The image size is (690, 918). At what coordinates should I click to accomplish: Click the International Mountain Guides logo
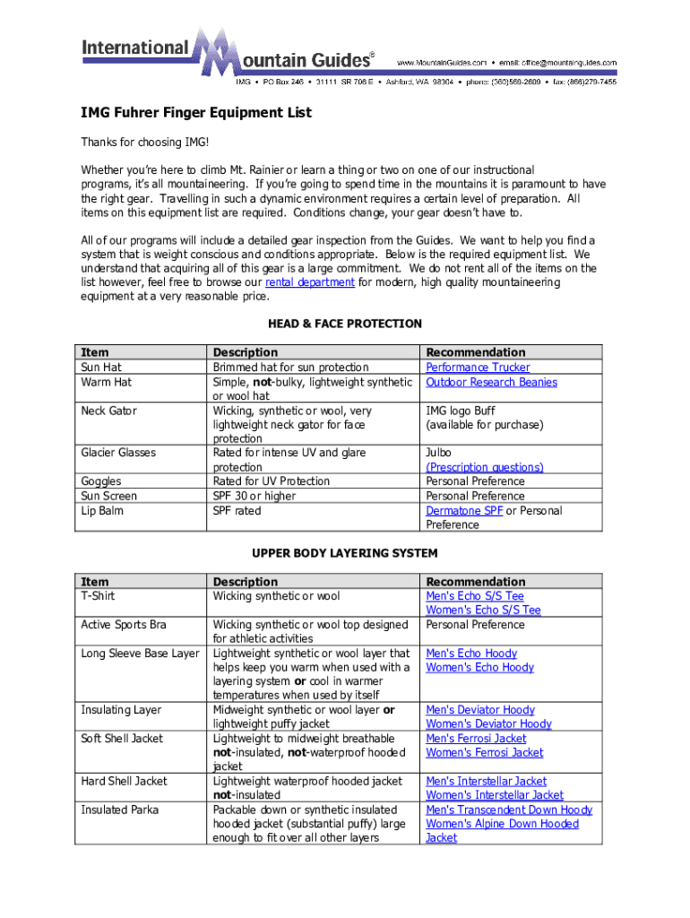point(229,54)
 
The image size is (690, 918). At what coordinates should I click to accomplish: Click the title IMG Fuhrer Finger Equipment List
point(196,113)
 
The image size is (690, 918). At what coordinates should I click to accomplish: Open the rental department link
point(310,282)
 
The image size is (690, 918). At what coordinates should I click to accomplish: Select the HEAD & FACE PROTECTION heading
point(345,324)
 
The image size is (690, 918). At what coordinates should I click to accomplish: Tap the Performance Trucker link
point(478,368)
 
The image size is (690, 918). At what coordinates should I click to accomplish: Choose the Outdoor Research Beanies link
point(491,382)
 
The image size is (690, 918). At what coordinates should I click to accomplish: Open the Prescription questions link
point(485,467)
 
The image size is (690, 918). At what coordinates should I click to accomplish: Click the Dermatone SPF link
point(464,511)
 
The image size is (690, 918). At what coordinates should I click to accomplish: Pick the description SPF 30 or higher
point(254,496)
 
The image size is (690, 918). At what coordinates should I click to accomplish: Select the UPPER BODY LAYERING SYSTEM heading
point(345,553)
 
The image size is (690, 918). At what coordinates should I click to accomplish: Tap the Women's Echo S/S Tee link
point(483,611)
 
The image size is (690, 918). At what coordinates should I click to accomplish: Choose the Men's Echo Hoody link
point(471,654)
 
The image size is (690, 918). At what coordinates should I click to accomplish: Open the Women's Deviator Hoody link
point(488,724)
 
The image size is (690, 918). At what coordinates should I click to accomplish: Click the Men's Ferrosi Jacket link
point(476,739)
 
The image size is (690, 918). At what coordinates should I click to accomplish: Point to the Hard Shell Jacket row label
point(120,782)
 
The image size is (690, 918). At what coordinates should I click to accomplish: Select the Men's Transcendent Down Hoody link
point(509,810)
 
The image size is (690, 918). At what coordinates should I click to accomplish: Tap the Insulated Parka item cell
point(120,810)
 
